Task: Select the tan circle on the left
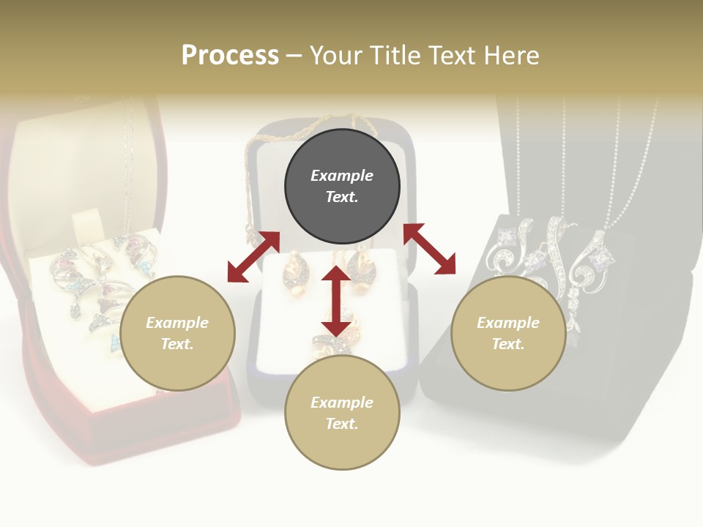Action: [x=177, y=333]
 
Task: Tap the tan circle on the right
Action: [x=508, y=333]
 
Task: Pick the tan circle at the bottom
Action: [x=342, y=413]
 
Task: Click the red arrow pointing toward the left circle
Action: [x=253, y=256]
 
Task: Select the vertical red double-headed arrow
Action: [x=336, y=301]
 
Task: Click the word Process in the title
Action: [x=230, y=55]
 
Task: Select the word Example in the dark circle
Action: [x=342, y=176]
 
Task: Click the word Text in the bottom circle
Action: [x=342, y=424]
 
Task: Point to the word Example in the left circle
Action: [x=177, y=323]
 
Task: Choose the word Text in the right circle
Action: [x=508, y=344]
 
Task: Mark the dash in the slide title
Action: [x=294, y=56]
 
